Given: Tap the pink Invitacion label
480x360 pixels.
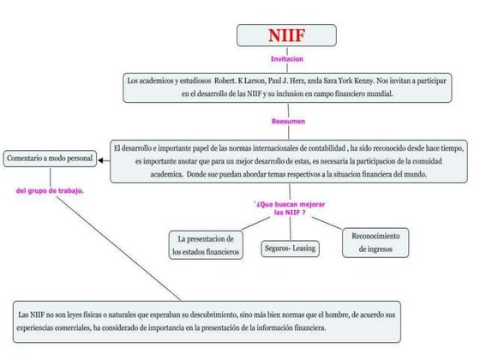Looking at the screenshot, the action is tap(287, 59).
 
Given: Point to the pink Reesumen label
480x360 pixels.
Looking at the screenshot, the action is tap(289, 122).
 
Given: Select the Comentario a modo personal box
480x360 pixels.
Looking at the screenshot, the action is tap(49, 159).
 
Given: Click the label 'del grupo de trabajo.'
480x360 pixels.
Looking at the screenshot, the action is tap(50, 190).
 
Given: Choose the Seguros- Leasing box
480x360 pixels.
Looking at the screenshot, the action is tap(290, 249).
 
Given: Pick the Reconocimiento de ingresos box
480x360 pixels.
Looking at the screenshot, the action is tap(377, 242).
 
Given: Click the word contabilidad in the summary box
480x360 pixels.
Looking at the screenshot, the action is tap(326, 148).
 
